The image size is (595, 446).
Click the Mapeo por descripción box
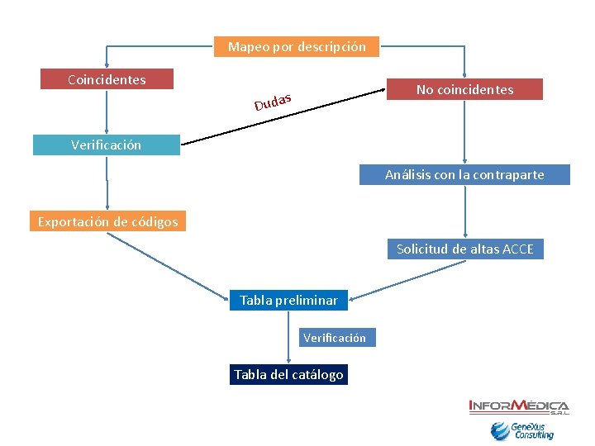point(297,47)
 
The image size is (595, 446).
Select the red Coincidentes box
point(107,79)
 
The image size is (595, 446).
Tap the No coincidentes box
point(465,89)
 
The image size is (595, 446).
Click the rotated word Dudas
point(274,102)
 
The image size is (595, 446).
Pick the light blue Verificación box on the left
point(106,145)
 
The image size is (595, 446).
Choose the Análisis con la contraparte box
point(464,175)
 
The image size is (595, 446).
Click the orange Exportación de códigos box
point(107,221)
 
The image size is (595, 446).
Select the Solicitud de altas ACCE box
point(465,249)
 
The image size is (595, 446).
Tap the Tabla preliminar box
point(288,301)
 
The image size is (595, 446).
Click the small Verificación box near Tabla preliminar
point(334,337)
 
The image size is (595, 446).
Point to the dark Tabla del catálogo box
point(288,375)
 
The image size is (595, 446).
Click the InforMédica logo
point(519,406)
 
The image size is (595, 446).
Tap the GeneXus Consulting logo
point(522,431)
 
